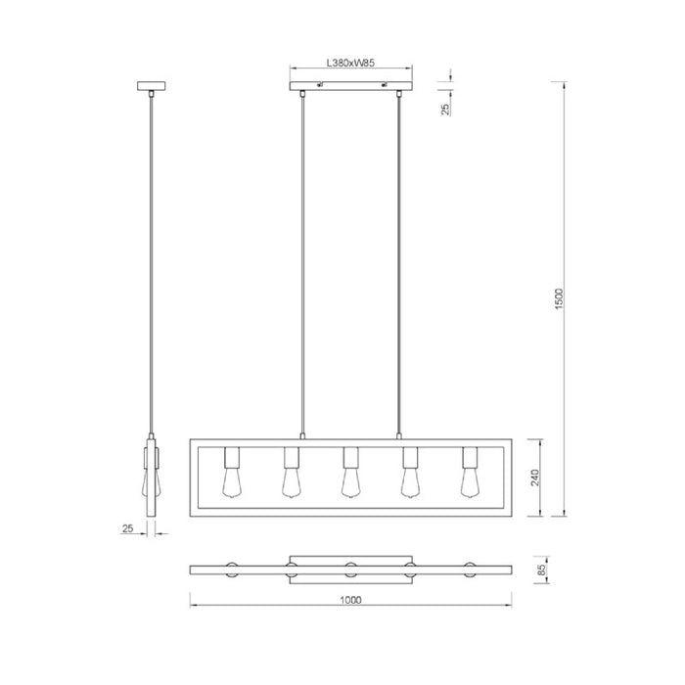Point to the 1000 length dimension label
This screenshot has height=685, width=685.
[x=350, y=600]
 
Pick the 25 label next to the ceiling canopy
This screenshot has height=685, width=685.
[x=446, y=109]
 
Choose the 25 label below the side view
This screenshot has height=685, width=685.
[x=128, y=529]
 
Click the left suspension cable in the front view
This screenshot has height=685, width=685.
[x=303, y=264]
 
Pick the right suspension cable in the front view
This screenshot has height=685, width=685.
[x=398, y=264]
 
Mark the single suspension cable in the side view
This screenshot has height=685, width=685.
[x=151, y=264]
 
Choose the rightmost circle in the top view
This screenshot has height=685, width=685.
[x=469, y=570]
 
